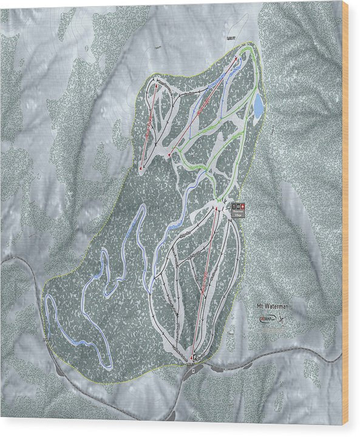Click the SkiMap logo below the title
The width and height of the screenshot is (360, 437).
click(x=264, y=319)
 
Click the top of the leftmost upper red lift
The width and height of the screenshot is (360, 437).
click(x=155, y=85)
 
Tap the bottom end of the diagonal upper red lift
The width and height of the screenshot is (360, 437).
click(x=170, y=155)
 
